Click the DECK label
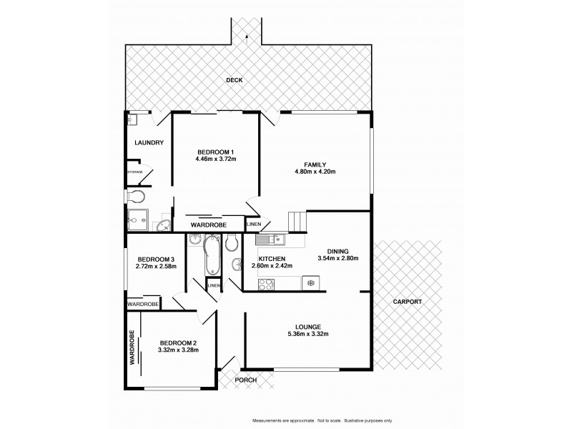(235, 80)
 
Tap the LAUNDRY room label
(149, 143)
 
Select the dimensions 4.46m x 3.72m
(215, 159)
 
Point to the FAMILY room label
(315, 164)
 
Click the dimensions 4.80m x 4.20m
(315, 172)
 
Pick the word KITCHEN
(272, 259)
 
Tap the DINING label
(337, 251)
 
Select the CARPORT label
(408, 302)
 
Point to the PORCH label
(246, 380)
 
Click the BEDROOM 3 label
(155, 259)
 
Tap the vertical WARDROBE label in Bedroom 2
(132, 348)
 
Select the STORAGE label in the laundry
(134, 172)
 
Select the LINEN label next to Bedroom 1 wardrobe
(254, 225)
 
